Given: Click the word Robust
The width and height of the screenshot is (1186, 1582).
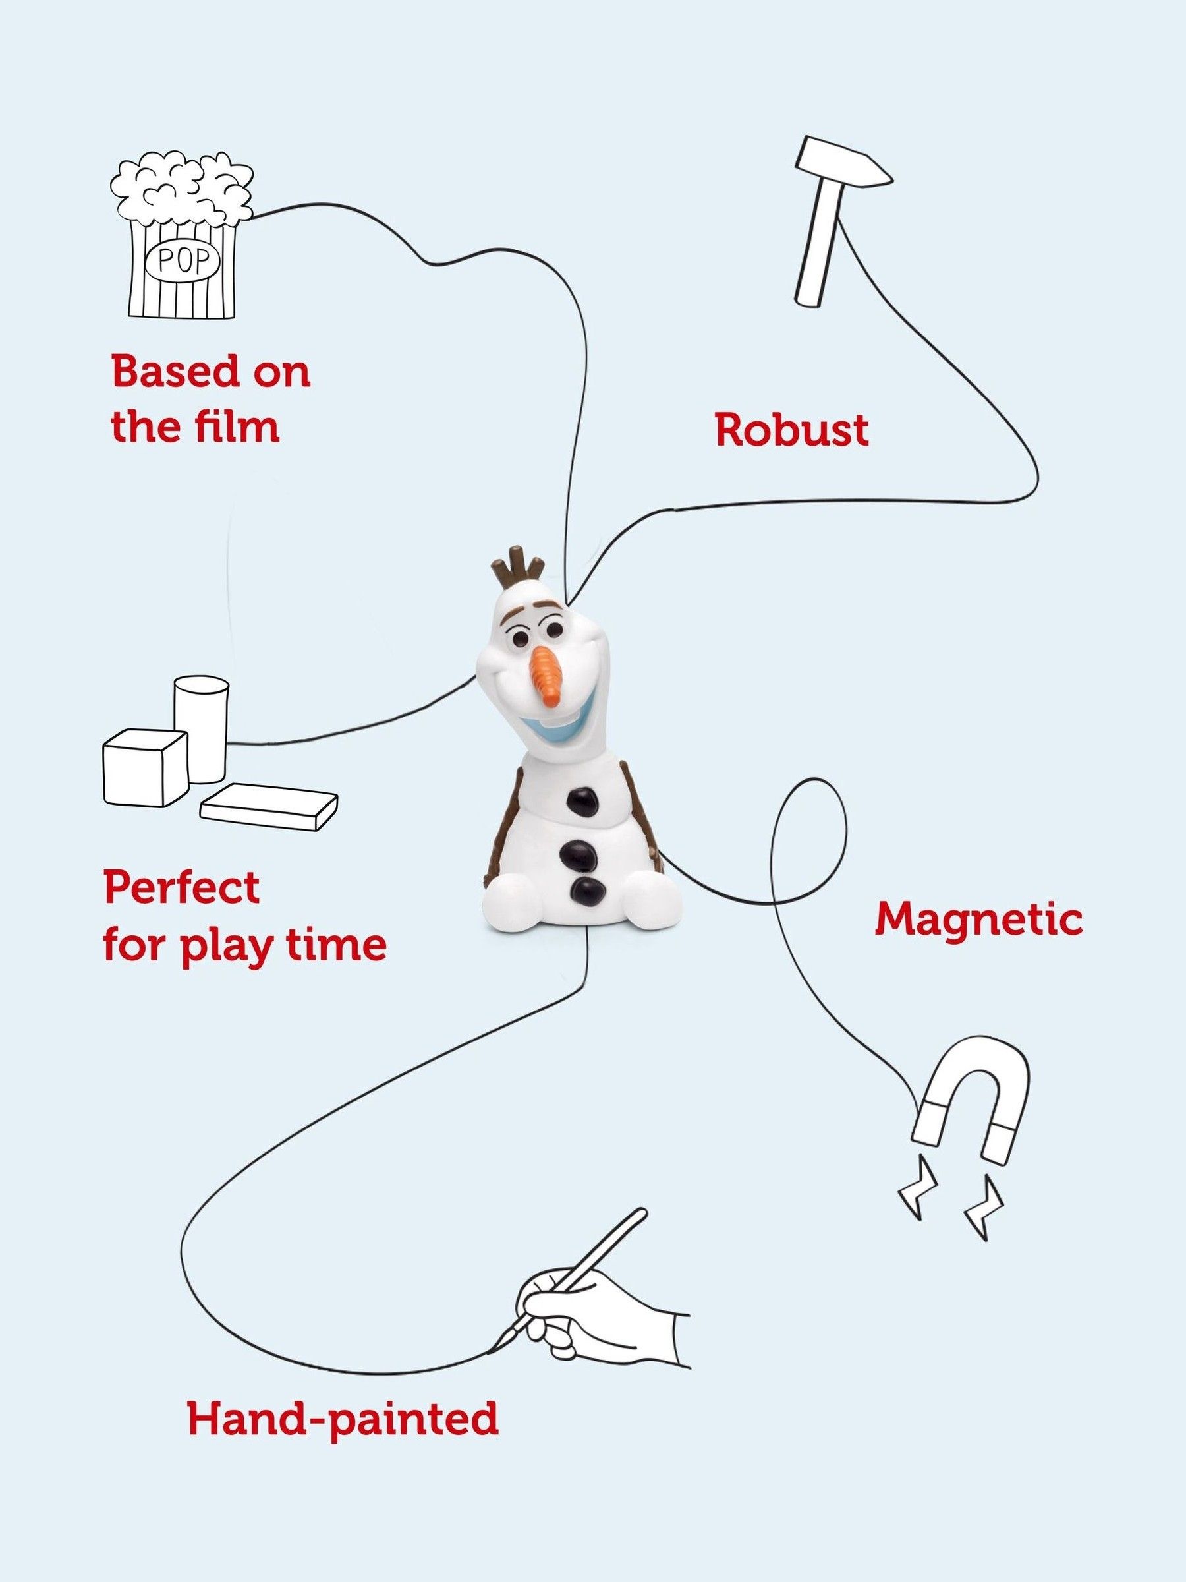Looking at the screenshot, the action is click(792, 432).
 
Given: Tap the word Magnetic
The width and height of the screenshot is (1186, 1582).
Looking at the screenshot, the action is click(978, 920).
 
